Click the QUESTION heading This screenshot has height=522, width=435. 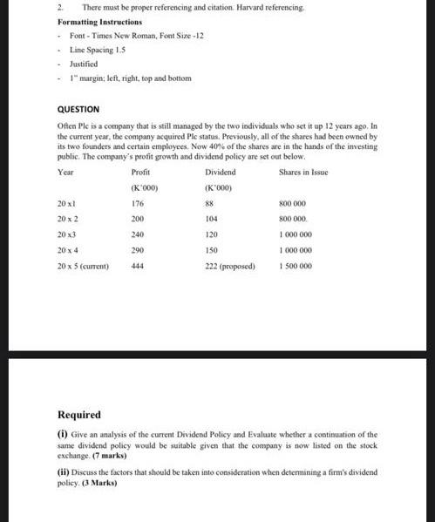point(78,110)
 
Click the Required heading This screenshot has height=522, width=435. point(79,415)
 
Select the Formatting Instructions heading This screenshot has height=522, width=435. point(99,21)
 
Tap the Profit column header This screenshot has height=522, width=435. point(139,173)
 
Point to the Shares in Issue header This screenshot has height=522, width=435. point(303,173)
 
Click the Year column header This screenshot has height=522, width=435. point(65,173)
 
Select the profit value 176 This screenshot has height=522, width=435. point(137,203)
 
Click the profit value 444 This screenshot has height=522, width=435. point(137,266)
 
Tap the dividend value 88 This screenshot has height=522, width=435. point(209,203)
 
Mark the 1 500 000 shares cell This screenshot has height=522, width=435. point(296,266)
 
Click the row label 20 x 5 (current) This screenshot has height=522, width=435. point(83,266)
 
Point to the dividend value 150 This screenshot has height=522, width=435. point(211,250)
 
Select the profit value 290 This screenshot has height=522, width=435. point(137,250)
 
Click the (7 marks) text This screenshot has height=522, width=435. point(110,456)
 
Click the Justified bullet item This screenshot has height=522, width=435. point(84,64)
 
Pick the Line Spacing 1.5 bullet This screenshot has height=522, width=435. point(98,50)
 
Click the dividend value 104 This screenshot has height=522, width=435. point(211,219)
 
